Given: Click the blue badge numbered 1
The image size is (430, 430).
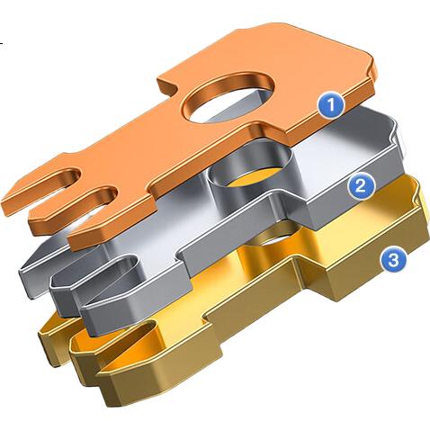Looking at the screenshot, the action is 331,105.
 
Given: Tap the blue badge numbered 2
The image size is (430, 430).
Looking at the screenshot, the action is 361,187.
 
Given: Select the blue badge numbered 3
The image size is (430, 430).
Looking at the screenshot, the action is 394,260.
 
